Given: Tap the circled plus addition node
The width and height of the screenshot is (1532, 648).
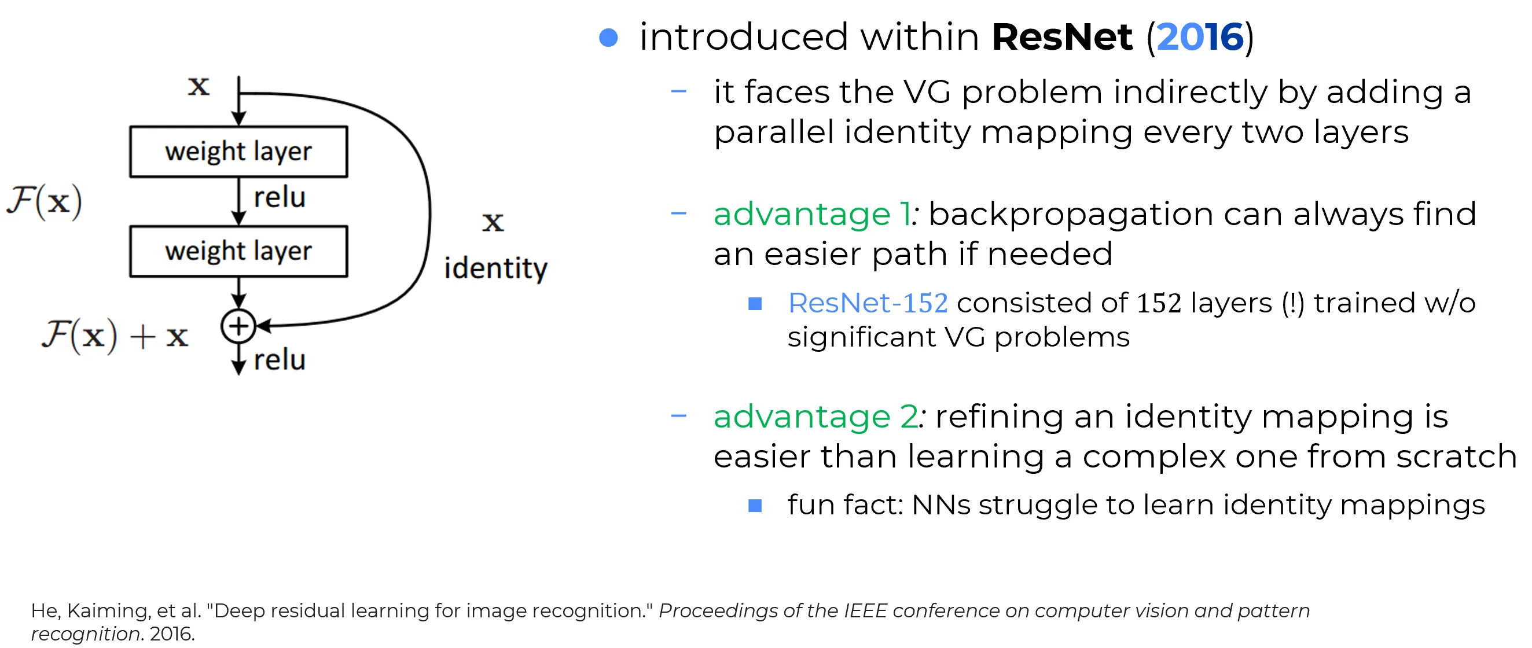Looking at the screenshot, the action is [x=238, y=326].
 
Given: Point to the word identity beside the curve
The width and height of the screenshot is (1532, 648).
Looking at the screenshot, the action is [x=495, y=268].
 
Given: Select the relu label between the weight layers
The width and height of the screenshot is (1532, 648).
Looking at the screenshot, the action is [x=280, y=197].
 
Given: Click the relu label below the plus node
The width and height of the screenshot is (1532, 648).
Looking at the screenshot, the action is [x=280, y=360].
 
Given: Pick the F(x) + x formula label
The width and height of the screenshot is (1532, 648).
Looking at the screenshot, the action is [x=115, y=336].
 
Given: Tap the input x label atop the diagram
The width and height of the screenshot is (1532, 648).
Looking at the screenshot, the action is [x=199, y=87].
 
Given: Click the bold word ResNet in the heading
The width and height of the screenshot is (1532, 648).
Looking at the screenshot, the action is [x=1062, y=38].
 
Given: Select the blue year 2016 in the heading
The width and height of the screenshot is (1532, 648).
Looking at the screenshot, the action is [x=1200, y=38].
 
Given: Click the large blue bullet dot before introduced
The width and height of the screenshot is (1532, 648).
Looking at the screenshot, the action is [x=608, y=38].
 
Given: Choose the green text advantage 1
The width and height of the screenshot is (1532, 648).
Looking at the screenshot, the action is [x=812, y=214].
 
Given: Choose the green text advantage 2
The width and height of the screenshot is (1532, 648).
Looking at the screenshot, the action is [x=816, y=416].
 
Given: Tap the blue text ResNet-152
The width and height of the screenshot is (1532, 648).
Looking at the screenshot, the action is [x=868, y=303].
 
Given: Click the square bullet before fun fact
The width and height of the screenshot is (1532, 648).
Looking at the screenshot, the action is [x=755, y=505].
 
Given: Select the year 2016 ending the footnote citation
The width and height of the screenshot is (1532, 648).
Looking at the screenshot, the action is [x=172, y=634].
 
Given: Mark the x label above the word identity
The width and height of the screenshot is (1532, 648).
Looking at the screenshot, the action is [x=493, y=222].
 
